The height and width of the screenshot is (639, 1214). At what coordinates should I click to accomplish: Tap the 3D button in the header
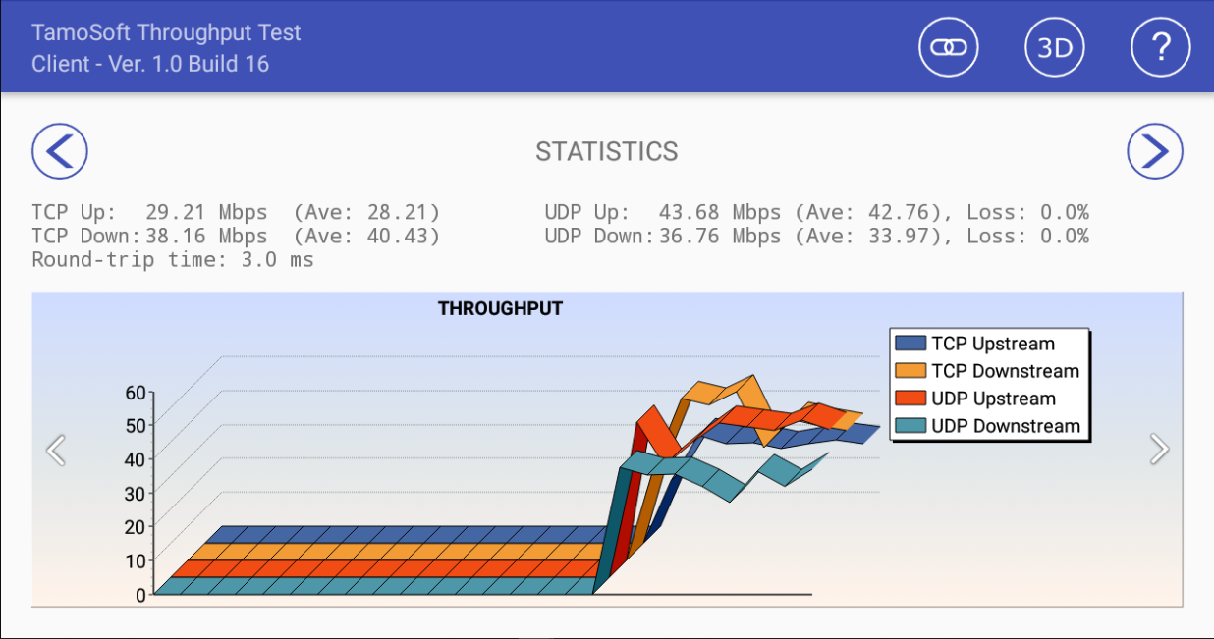point(1055,47)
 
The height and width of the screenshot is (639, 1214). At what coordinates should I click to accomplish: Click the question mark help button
point(1161,47)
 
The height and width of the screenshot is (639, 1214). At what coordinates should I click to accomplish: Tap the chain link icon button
point(949,47)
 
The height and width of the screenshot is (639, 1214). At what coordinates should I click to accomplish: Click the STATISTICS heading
point(606,151)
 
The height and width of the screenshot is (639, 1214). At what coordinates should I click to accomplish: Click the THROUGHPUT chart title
point(500,308)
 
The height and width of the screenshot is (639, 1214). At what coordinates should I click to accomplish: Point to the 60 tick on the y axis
point(136,393)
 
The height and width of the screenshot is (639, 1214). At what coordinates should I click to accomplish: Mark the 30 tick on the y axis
point(136,494)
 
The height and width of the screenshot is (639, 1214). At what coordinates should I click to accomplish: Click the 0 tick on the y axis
point(140,594)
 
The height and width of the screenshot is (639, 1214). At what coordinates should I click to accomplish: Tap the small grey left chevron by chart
point(56,450)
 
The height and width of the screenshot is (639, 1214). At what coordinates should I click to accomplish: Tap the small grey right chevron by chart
point(1160,450)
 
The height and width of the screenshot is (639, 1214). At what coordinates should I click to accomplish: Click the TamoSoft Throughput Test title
point(166,32)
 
